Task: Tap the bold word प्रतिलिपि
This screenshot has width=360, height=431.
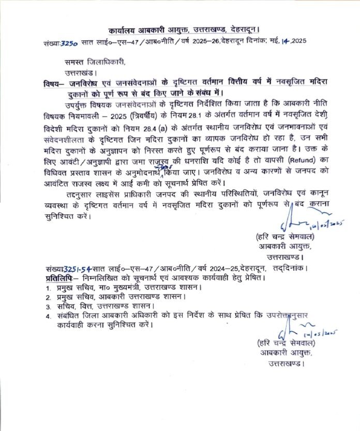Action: click(59, 279)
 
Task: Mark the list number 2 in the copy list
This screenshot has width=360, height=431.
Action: click(47, 298)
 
